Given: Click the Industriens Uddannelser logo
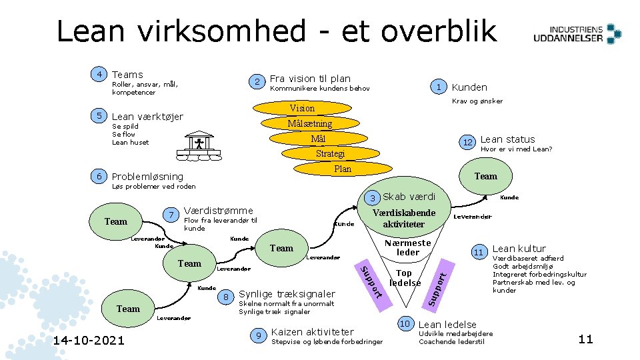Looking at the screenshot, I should tap(577, 33).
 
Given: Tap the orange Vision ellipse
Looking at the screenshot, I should tap(302, 108).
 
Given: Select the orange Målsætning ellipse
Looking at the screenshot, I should tap(309, 123).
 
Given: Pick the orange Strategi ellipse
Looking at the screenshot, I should tap(330, 153).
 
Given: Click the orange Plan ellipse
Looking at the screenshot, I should tap(342, 169).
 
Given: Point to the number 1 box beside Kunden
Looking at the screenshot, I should tap(438, 87).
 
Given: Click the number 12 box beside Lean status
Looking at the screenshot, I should tap(468, 143).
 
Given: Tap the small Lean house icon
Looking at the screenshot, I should tap(199, 144).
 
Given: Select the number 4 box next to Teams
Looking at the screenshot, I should tap(99, 74).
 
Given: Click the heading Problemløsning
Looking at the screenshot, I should tap(147, 177).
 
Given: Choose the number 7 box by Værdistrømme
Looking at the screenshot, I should tap(171, 215).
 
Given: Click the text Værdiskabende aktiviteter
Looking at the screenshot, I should tap(404, 218).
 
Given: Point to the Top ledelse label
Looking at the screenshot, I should tap(405, 277).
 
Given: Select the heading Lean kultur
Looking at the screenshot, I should tap(519, 249).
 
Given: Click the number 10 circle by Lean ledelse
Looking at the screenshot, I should tap(405, 323).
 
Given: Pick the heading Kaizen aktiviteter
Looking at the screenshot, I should tap(313, 331).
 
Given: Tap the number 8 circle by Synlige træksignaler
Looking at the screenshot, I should tap(227, 297).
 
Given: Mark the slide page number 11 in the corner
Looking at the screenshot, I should tap(585, 339).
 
